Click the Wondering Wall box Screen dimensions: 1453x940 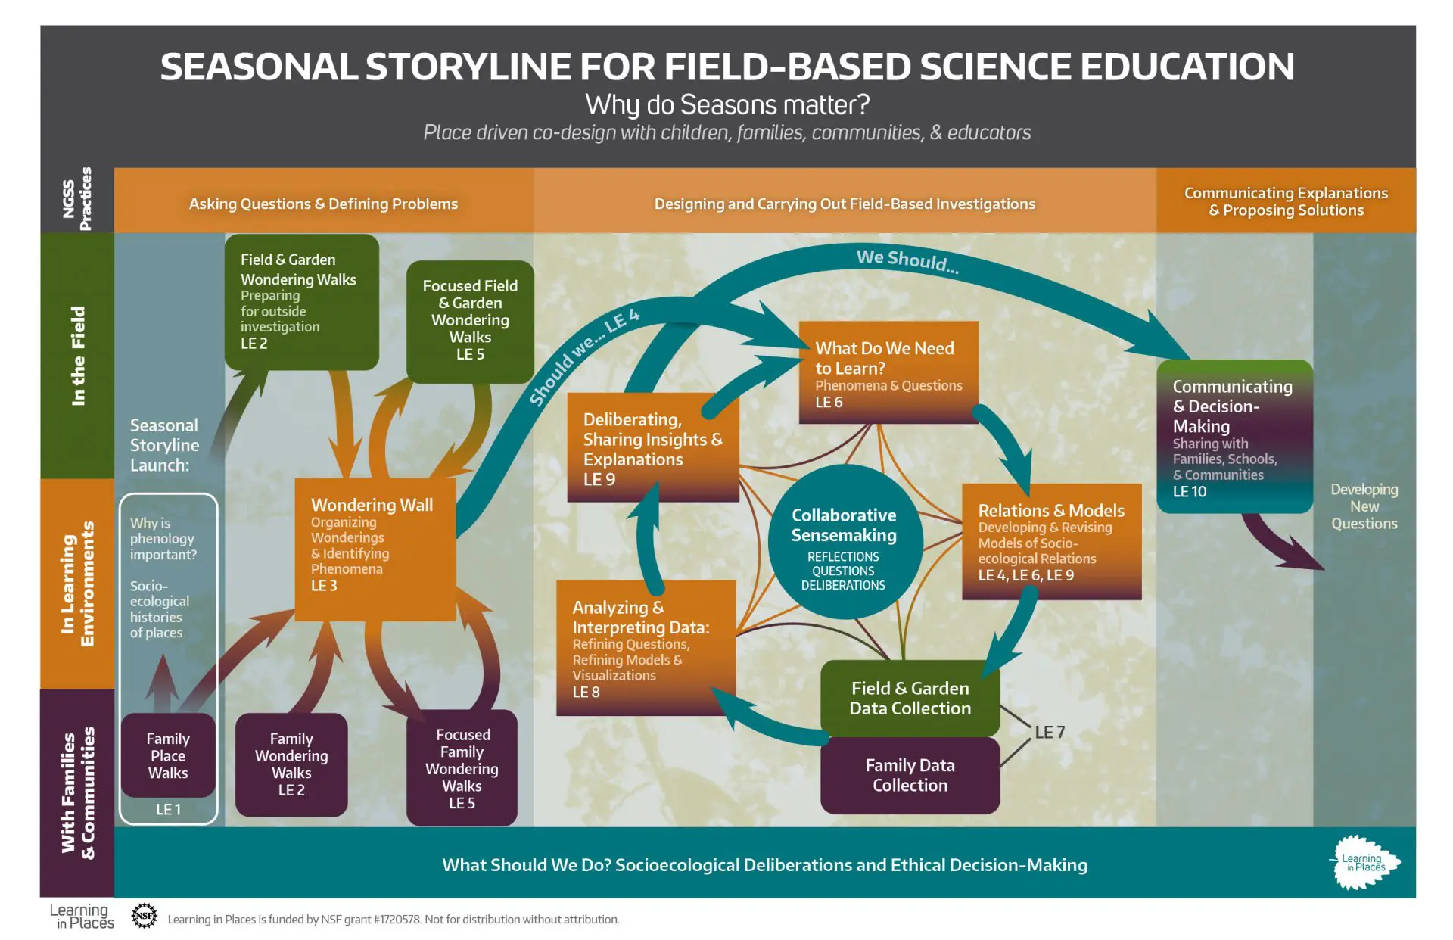(x=375, y=549)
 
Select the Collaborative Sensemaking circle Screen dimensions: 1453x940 (x=844, y=542)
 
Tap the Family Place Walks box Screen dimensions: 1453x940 (x=168, y=755)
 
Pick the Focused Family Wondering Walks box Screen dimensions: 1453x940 (x=462, y=767)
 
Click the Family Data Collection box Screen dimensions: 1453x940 (x=910, y=775)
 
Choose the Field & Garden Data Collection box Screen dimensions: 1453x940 (x=910, y=698)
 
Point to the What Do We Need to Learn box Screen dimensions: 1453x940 (x=888, y=372)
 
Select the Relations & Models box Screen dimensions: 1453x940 (x=1051, y=542)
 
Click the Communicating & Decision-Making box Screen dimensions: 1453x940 (x=1234, y=437)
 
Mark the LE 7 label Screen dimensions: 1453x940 (x=1050, y=732)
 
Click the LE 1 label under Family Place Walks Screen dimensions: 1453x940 (x=168, y=809)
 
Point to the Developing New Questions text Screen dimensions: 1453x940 (x=1364, y=506)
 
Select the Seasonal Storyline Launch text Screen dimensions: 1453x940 (x=164, y=445)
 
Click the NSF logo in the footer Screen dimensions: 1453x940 (x=144, y=916)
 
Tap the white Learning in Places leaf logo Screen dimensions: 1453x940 (x=1364, y=863)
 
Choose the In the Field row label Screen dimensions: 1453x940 (x=78, y=356)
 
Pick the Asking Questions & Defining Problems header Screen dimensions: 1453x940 (x=323, y=204)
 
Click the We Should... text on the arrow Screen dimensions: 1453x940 (x=907, y=261)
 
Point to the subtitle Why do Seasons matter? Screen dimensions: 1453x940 (x=727, y=104)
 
